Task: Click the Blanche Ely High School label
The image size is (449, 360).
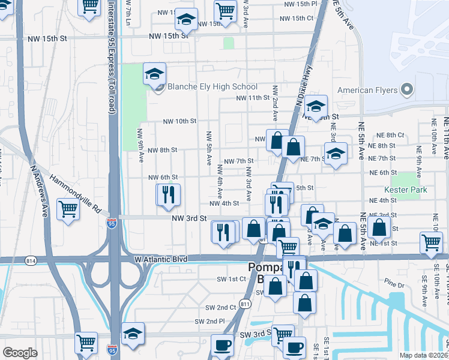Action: (x=212, y=87)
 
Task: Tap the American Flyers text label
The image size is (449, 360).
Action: (x=367, y=91)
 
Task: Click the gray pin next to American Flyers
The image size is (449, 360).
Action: (x=406, y=91)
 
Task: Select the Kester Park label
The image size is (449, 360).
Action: (x=414, y=190)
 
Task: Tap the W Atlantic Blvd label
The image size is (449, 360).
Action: (x=160, y=259)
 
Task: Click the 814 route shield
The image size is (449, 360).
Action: (x=31, y=260)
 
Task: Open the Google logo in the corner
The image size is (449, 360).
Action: (x=20, y=352)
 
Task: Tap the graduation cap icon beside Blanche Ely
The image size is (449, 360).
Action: (x=154, y=74)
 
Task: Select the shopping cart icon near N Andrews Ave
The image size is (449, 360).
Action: (x=68, y=209)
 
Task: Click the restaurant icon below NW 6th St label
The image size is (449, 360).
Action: (x=167, y=194)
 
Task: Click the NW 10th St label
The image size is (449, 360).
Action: (x=180, y=121)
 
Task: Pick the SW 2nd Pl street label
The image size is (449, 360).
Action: (x=209, y=322)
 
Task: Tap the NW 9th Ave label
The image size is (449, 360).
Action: (x=140, y=146)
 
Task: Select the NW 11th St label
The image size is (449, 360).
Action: (x=253, y=97)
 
